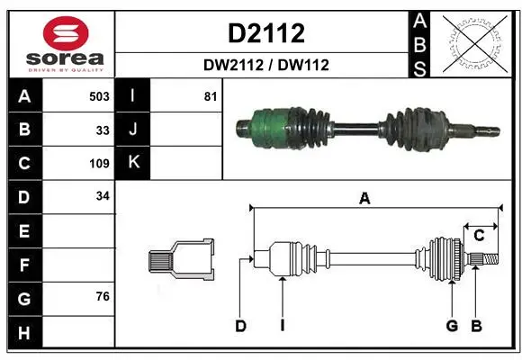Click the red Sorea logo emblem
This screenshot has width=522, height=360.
tap(66, 33)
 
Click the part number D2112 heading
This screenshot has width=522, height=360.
tap(266, 33)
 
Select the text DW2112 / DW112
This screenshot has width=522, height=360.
tap(266, 65)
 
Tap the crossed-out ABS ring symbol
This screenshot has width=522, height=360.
tap(475, 43)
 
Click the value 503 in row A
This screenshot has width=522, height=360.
tap(99, 96)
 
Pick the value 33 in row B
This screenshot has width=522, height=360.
tap(103, 130)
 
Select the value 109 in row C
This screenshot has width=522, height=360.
tap(99, 164)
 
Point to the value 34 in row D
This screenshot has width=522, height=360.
tap(103, 196)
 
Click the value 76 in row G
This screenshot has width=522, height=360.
tap(103, 296)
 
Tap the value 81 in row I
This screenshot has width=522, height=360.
tap(211, 96)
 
